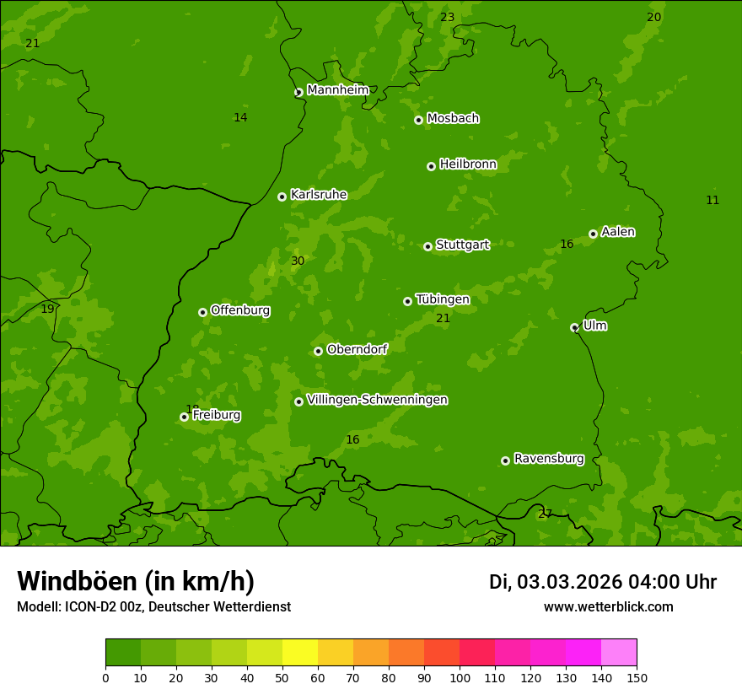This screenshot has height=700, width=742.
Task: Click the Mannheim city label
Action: pos(337,90)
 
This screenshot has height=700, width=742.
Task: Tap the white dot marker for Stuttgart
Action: pos(427,246)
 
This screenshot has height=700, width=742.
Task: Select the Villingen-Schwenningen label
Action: pos(377,400)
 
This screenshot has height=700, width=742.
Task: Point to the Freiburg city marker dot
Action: pos(184,417)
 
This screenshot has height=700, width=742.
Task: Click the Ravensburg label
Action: pos(549,459)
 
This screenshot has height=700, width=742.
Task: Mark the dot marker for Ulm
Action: pos(574,327)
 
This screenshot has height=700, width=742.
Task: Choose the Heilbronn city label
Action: pos(468,164)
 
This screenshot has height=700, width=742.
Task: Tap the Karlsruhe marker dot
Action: pos(282,197)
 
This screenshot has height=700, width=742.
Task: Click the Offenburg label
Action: pos(240,310)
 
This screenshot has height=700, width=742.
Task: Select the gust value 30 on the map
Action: pos(298,261)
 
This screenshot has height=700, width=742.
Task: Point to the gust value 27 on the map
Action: pos(545,514)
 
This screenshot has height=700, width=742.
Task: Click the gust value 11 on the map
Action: pos(712,201)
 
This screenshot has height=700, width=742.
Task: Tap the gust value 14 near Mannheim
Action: pos(240,118)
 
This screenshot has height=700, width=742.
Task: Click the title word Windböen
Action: pos(77,581)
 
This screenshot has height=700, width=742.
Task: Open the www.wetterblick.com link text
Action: pos(608,606)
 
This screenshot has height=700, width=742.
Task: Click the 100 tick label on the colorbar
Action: pos(460,678)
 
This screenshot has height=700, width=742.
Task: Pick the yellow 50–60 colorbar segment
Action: pos(300,652)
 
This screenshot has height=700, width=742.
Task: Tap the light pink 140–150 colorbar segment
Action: pos(619,652)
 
